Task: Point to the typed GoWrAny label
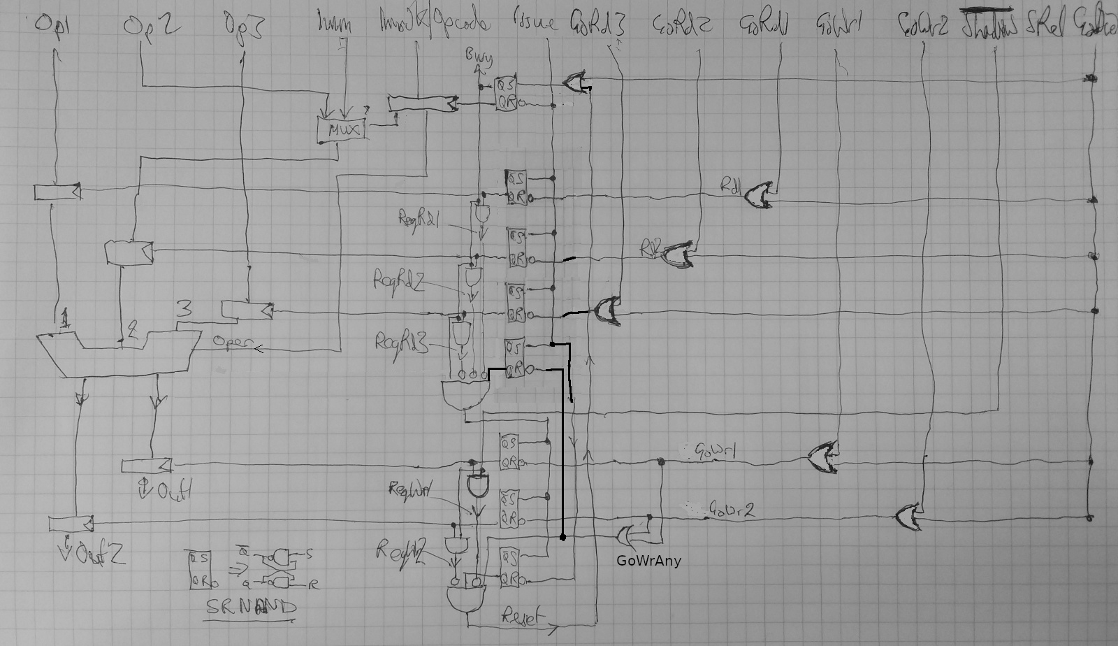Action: tap(648, 559)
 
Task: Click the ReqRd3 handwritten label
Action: tap(399, 342)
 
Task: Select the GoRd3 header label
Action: tap(597, 25)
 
